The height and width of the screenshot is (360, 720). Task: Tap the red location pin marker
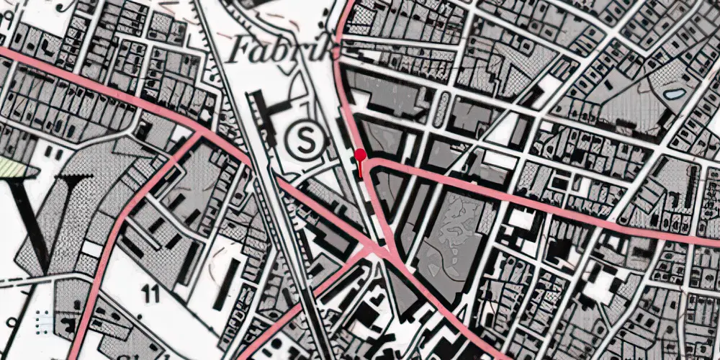coord(359,155)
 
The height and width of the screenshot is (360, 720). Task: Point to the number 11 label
coord(150,293)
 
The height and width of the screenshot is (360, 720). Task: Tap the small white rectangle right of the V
coord(91,248)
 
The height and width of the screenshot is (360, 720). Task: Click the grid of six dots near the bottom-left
coord(42,316)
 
